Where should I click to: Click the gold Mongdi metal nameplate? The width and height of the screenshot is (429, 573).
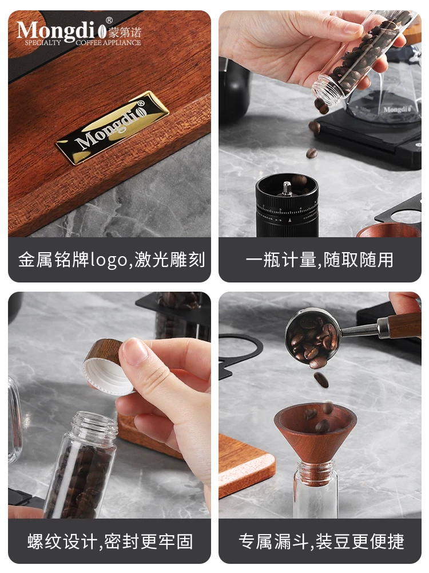pyautogui.click(x=112, y=127)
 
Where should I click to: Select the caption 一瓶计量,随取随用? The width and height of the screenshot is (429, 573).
pyautogui.click(x=320, y=260)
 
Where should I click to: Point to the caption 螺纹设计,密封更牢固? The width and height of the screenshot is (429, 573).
pyautogui.click(x=110, y=541)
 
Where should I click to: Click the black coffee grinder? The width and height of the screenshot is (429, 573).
pyautogui.click(x=286, y=206)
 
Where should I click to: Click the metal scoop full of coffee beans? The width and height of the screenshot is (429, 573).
pyautogui.click(x=312, y=336)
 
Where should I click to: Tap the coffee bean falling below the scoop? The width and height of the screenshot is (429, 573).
pyautogui.click(x=321, y=379)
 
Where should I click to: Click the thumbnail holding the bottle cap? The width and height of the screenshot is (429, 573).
pyautogui.click(x=135, y=351)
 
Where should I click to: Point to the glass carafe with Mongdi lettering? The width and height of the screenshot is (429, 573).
pyautogui.click(x=389, y=103)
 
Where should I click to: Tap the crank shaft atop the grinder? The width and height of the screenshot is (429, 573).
pyautogui.click(x=287, y=187)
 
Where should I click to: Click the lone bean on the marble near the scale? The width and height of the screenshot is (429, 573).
pyautogui.click(x=312, y=152)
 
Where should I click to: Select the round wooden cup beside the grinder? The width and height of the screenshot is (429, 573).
pyautogui.click(x=389, y=231)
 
